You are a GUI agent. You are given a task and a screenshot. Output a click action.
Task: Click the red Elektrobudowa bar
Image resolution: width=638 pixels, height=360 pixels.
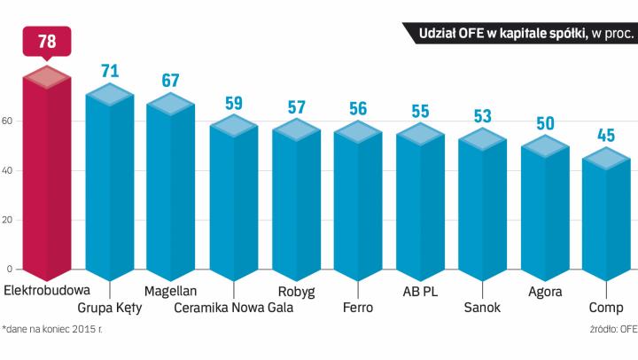46,177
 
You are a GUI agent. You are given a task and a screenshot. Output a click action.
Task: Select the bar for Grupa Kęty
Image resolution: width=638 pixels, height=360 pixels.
109,186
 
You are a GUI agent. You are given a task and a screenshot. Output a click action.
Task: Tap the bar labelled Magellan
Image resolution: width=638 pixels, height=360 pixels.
171,191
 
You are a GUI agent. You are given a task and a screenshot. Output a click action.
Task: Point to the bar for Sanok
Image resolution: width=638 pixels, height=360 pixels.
482,204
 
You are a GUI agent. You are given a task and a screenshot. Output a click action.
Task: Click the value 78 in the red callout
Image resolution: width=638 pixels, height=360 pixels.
46,43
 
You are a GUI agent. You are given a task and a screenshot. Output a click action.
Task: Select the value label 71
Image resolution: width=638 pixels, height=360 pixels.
109,71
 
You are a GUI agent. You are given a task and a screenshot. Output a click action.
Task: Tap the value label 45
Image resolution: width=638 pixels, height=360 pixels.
606,137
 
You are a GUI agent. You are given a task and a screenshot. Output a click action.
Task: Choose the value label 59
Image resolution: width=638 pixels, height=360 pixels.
234,103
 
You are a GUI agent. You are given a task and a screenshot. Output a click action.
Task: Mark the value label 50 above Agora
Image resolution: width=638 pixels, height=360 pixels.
544,123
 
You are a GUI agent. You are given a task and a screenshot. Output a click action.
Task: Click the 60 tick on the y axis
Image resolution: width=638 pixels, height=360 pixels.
10,121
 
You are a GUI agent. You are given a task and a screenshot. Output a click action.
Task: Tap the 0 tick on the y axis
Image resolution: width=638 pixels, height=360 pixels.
10,270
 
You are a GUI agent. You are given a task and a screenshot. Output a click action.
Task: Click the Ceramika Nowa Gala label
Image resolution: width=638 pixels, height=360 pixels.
234,308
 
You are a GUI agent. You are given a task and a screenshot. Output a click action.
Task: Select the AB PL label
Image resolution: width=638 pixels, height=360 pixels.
419,291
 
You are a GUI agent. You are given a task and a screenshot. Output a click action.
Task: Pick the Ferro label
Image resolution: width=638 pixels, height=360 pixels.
357,308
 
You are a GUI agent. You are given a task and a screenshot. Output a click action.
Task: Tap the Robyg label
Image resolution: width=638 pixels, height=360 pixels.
296,291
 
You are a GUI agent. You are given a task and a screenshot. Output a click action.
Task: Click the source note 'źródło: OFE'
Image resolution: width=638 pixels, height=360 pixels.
613,330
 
